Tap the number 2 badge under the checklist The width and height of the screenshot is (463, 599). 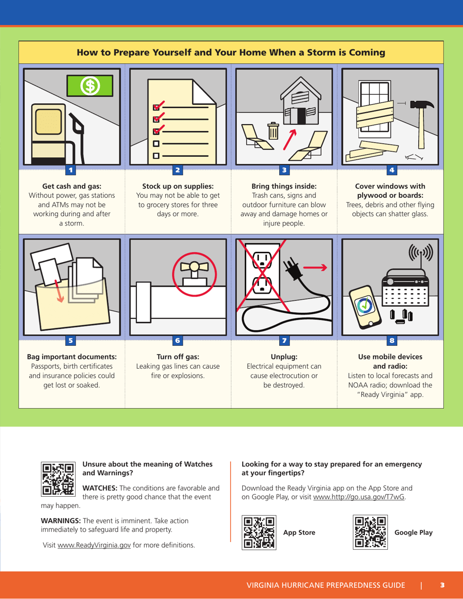click(x=177, y=170)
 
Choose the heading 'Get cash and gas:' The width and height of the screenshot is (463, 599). click(x=72, y=186)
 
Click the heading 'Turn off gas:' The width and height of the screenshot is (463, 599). click(x=177, y=356)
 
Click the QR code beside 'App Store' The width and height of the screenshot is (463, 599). click(x=259, y=532)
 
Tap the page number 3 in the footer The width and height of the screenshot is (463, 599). click(x=442, y=584)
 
